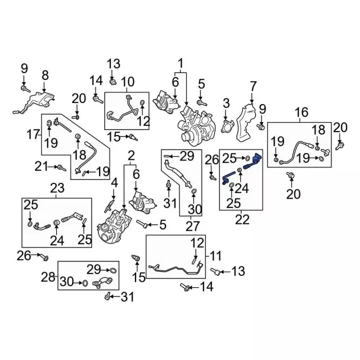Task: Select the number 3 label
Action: tap(226, 103)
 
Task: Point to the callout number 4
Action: tap(114, 183)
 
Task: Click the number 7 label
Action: tap(253, 86)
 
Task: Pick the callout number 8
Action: tap(45, 75)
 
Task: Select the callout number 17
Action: tap(32, 135)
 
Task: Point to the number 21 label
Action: tap(39, 166)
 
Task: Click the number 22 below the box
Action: tap(242, 219)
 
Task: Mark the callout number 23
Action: tap(57, 188)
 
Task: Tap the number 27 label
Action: tap(193, 226)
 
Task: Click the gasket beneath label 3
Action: tap(228, 125)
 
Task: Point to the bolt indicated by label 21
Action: tap(61, 168)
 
